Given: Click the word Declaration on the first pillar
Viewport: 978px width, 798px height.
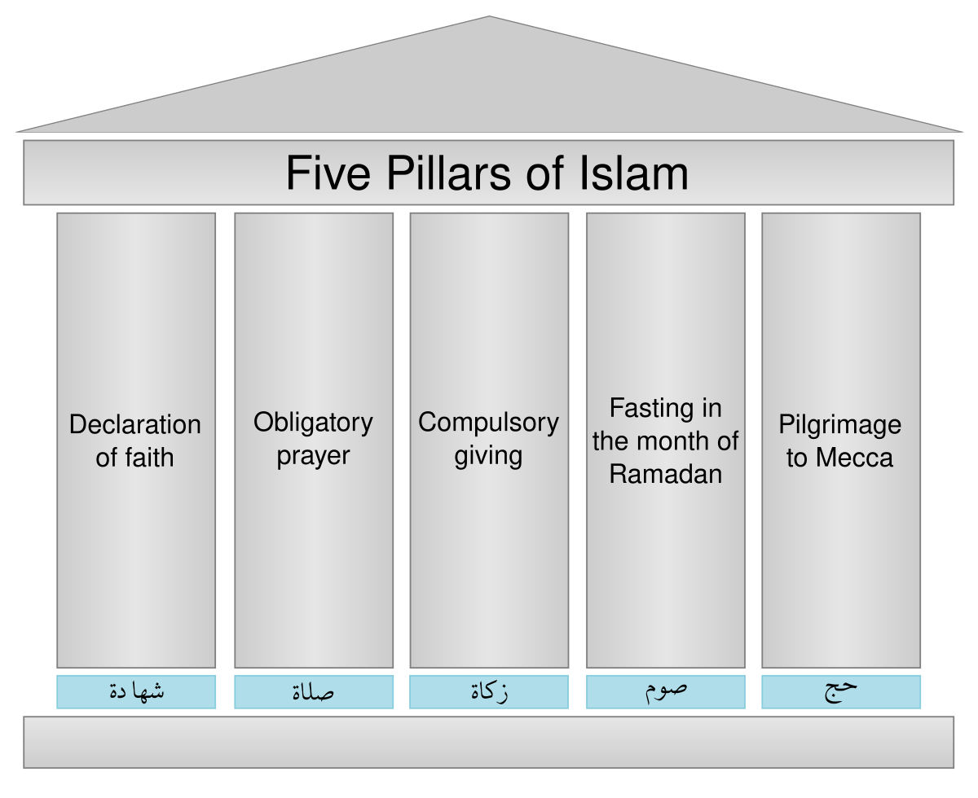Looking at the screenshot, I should pyautogui.click(x=135, y=424).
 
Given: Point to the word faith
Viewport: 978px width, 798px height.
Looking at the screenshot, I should pyautogui.click(x=148, y=458).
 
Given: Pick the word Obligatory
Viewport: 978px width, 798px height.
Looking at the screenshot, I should pyautogui.click(x=313, y=423).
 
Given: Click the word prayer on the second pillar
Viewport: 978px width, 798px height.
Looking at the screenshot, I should pyautogui.click(x=313, y=457).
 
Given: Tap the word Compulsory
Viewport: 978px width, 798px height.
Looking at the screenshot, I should pyautogui.click(x=488, y=423).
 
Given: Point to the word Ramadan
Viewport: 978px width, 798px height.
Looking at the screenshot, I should pyautogui.click(x=666, y=474).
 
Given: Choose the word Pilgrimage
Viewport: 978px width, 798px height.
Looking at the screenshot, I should pyautogui.click(x=839, y=424).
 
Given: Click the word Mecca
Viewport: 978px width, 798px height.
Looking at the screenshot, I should pyautogui.click(x=855, y=458).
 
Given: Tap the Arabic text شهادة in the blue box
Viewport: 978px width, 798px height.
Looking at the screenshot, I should pyautogui.click(x=136, y=692).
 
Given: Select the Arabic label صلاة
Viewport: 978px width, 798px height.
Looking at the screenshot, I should pyautogui.click(x=313, y=692).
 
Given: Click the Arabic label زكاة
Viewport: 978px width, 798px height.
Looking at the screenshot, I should pyautogui.click(x=489, y=692).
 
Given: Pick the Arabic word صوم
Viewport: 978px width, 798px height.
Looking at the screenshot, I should pyautogui.click(x=665, y=690).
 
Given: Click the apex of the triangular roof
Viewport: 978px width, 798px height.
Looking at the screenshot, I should pyautogui.click(x=488, y=19).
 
